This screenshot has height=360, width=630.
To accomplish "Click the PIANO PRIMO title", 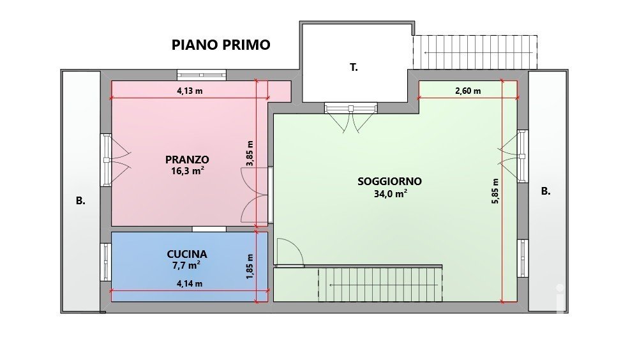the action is (221, 45).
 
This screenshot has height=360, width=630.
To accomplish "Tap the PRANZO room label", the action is (187, 160).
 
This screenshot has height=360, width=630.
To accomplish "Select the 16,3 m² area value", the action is (187, 171).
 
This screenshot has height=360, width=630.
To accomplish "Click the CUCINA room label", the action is (187, 254).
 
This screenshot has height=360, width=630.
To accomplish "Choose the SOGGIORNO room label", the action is (390, 181).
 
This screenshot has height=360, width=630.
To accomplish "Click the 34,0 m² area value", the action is (391, 193).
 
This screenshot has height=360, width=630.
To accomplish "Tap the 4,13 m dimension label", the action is (190, 91).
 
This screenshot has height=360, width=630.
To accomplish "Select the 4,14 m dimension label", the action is (190, 283).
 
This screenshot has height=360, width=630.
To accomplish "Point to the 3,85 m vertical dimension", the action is (250, 153).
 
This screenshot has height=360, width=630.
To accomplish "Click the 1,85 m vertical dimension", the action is (250, 267).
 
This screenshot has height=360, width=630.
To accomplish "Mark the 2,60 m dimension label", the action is (468, 91).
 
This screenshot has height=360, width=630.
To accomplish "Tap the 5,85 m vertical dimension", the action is (495, 191).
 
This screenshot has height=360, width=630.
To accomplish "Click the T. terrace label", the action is (354, 68).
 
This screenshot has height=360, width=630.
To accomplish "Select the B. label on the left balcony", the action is (81, 201).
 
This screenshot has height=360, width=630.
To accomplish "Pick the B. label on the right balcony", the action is (546, 191).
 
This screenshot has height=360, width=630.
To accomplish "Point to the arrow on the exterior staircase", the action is (479, 52).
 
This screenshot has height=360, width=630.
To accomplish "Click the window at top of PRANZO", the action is (202, 75).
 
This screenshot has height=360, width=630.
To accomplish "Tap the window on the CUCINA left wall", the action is (106, 262).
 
